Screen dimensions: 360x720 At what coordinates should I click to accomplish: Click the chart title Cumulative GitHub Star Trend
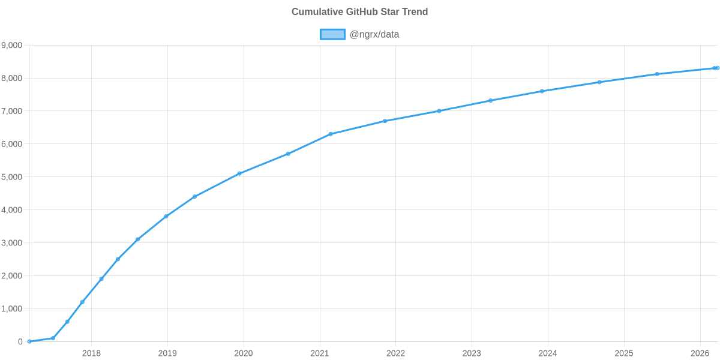(x=359, y=12)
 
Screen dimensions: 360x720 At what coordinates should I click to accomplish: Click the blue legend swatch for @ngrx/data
(x=332, y=34)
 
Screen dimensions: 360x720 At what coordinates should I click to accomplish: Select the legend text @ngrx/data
(x=374, y=34)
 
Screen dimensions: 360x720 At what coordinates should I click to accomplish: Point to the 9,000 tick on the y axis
(x=12, y=46)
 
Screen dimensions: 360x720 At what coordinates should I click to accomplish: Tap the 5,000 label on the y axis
(x=12, y=177)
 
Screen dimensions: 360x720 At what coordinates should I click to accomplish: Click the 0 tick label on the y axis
(x=20, y=342)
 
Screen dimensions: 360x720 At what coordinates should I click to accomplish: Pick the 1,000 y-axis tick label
(x=12, y=309)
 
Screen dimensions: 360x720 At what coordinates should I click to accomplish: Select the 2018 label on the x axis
(x=91, y=353)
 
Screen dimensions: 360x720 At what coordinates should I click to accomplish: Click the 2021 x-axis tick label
(x=320, y=353)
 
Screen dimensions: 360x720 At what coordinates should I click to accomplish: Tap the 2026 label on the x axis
(x=700, y=353)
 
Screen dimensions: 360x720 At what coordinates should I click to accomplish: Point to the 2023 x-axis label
(x=472, y=353)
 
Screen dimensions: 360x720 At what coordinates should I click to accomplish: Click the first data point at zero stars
(x=29, y=341)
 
